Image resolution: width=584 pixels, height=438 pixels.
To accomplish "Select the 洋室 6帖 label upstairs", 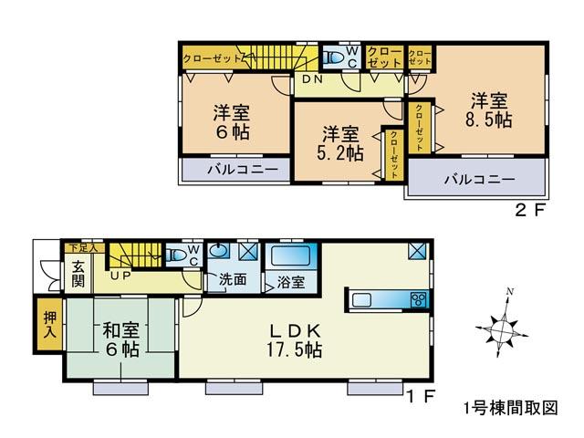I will click(x=232, y=123).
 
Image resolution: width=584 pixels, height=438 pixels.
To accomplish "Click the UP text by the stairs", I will click(x=120, y=274).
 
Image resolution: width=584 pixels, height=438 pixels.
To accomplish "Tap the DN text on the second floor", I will click(x=312, y=80).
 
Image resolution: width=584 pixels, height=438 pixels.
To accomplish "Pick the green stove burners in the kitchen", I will click(x=419, y=298).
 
